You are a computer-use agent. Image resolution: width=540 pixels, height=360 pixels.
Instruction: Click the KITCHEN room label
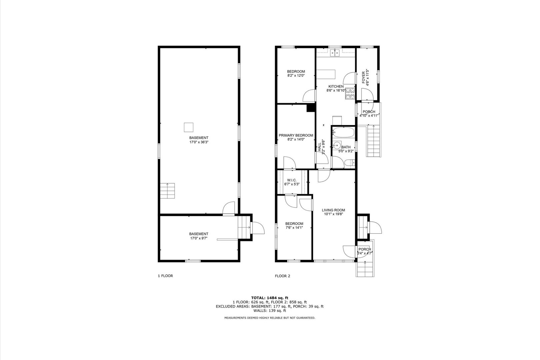click(336, 86)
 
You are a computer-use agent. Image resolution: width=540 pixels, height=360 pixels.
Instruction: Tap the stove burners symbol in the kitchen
click(350, 93)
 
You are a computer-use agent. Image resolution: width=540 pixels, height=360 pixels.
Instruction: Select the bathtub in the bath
click(343, 133)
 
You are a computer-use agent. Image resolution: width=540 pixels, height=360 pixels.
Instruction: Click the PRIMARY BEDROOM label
click(296, 135)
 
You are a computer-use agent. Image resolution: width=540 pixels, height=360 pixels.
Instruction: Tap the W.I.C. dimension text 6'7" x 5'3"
click(292, 184)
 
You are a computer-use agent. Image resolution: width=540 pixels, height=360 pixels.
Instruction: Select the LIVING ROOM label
click(333, 210)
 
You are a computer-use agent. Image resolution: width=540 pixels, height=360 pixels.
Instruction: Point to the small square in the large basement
click(188, 127)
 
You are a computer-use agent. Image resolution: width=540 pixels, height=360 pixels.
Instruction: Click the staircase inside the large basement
click(168, 191)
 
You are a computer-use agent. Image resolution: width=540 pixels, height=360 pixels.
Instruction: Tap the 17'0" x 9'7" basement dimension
click(199, 238)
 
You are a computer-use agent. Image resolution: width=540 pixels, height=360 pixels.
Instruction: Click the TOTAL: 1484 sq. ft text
click(270, 297)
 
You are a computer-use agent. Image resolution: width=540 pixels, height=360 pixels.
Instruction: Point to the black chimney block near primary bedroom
click(310, 108)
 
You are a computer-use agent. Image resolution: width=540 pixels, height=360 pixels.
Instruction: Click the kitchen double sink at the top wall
click(336, 53)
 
